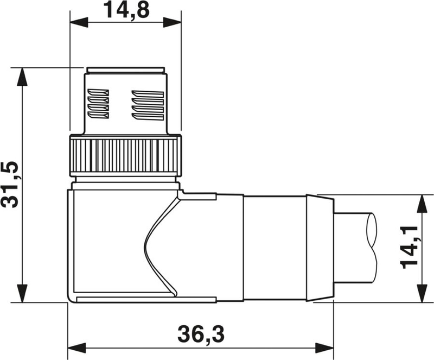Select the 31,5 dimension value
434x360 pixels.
point(10,184)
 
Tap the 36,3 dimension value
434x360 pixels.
point(201,334)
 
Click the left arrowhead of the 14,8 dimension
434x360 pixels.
point(79,22)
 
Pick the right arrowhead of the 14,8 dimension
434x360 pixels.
point(172,22)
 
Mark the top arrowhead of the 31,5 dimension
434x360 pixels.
point(22,77)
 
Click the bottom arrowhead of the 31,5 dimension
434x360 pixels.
point(22,293)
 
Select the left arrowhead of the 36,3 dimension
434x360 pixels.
point(76,348)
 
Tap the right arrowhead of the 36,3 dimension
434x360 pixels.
point(324,348)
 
